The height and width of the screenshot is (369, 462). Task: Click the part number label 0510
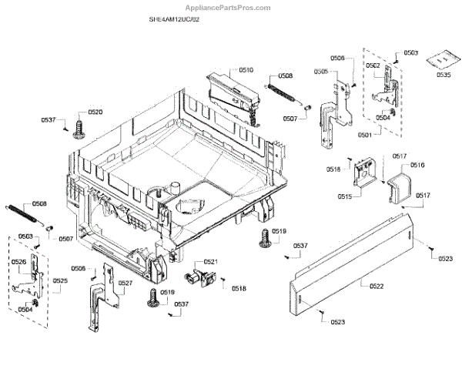click(246, 70)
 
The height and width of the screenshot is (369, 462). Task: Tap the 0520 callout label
click(95, 112)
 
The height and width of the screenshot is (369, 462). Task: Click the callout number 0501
click(364, 135)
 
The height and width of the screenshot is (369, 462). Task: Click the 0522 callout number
click(377, 287)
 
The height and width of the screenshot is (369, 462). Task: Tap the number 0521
click(211, 262)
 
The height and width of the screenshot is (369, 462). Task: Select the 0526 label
click(19, 263)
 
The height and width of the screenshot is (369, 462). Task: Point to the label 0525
click(60, 280)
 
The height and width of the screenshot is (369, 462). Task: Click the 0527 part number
click(126, 283)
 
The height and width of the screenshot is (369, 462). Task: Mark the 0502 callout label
click(373, 66)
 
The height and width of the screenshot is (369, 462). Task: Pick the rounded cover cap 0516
click(400, 188)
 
